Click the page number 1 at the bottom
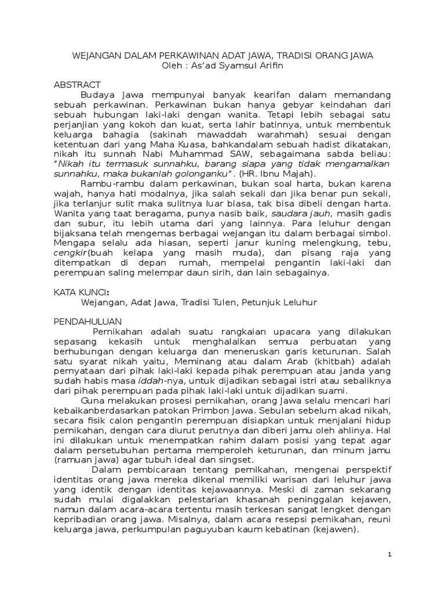390,555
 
